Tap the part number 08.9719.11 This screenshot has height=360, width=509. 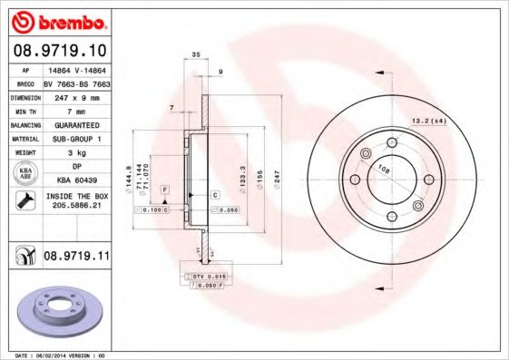[x=76, y=258]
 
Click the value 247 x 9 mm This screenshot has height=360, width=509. [x=77, y=95]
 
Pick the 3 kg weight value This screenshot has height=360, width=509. [x=77, y=153]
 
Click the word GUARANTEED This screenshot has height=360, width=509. [x=77, y=124]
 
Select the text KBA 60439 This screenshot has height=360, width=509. [x=77, y=181]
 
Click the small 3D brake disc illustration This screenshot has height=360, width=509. [x=56, y=313]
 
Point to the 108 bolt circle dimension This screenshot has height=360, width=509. [x=383, y=170]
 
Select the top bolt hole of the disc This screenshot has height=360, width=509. [x=393, y=141]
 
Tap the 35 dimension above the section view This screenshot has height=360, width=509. [x=196, y=56]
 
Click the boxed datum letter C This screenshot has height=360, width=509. [x=215, y=195]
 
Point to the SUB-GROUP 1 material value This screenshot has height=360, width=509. [x=77, y=139]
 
